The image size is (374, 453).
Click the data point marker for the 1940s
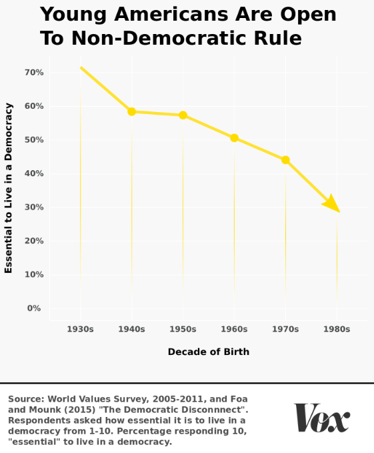pyautogui.click(x=131, y=111)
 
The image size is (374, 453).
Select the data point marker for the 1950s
pyautogui.click(x=183, y=115)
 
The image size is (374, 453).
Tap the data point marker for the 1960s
pyautogui.click(x=234, y=138)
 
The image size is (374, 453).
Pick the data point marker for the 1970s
pyautogui.click(x=285, y=159)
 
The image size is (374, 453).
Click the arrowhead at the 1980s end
pyautogui.click(x=333, y=204)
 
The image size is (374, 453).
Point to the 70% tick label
pyautogui.click(x=34, y=73)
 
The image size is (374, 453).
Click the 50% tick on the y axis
pyautogui.click(x=34, y=140)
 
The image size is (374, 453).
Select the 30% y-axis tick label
pyautogui.click(x=34, y=207)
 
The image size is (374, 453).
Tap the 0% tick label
pyautogui.click(x=34, y=308)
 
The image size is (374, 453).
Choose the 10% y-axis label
pyautogui.click(x=34, y=274)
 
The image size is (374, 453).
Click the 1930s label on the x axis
pyautogui.click(x=80, y=329)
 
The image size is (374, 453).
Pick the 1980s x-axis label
pyautogui.click(x=337, y=329)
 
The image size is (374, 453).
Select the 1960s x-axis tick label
pyautogui.click(x=234, y=329)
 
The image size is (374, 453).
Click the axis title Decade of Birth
pyautogui.click(x=209, y=352)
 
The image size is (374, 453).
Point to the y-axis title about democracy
pyautogui.click(x=9, y=188)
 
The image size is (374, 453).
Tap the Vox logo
pyautogui.click(x=322, y=418)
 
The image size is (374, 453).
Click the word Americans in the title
pyautogui.click(x=193, y=14)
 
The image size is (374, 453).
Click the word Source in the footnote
pyautogui.click(x=26, y=399)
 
